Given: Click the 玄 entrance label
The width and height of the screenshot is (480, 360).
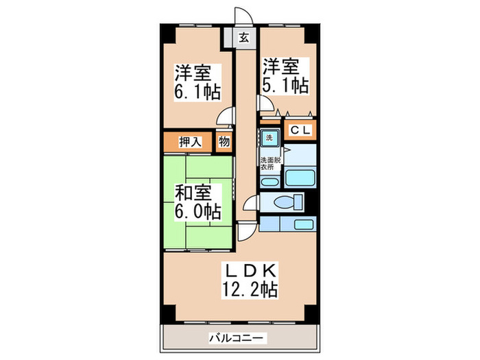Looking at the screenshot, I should pyautogui.click(x=243, y=38).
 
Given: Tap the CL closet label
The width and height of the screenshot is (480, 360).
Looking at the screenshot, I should pyautogui.click(x=300, y=130).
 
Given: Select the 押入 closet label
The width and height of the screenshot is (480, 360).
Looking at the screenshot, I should pyautogui.click(x=190, y=143).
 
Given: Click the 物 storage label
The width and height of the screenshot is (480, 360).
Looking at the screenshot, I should pyautogui.click(x=224, y=143).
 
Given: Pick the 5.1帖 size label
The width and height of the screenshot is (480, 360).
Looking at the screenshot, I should pyautogui.click(x=285, y=85).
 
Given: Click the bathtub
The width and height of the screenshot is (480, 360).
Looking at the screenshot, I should pyautogui.click(x=299, y=177).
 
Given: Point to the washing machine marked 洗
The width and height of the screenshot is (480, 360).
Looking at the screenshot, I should pyautogui.click(x=269, y=136).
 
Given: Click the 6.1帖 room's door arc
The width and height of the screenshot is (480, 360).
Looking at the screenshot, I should pyautogui.click(x=225, y=119).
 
